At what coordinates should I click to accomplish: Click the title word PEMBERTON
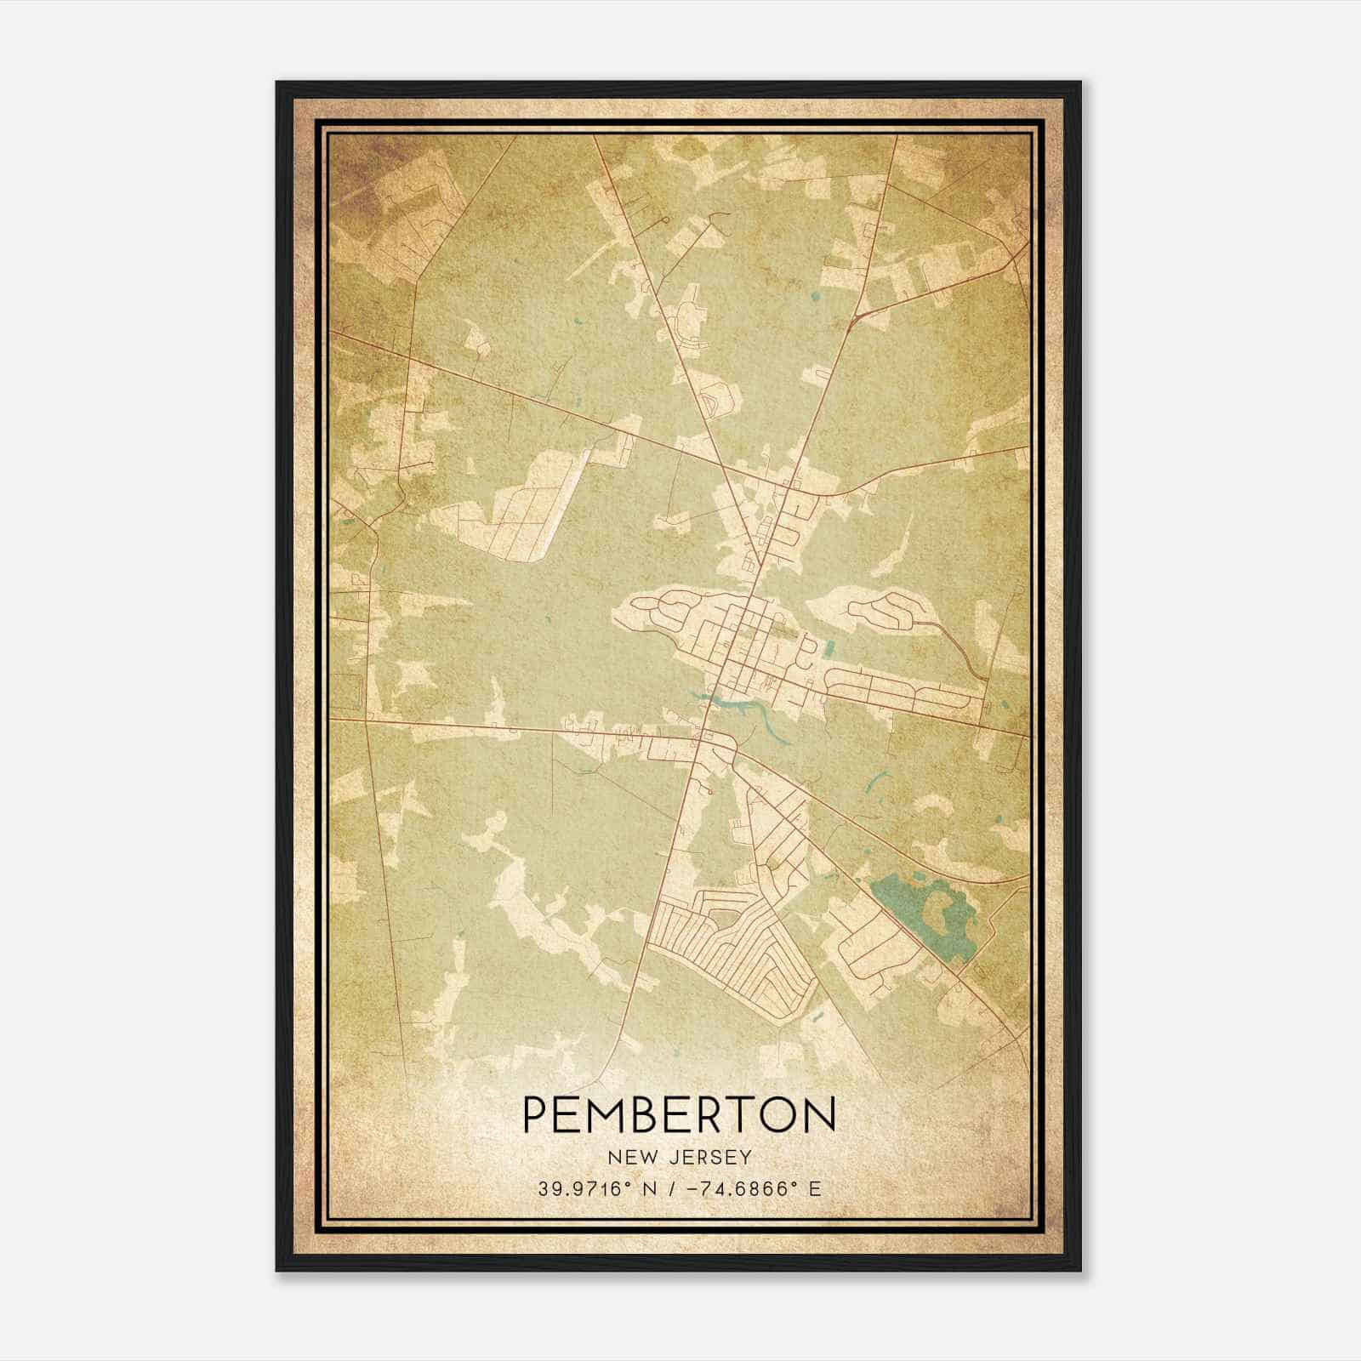678,1115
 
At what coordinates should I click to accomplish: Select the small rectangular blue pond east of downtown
829,651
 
